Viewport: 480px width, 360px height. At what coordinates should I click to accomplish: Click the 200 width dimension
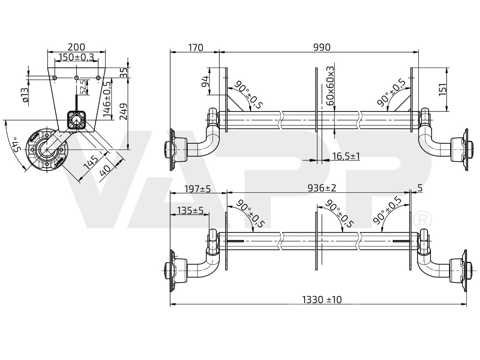point(76,47)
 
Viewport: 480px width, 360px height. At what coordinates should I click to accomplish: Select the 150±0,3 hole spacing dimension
point(76,57)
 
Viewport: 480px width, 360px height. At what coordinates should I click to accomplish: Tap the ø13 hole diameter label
point(25,95)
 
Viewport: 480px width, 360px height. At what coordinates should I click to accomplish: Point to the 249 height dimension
point(124,112)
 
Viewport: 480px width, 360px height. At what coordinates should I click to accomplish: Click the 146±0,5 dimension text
point(107,99)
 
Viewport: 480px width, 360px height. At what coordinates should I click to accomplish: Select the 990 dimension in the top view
point(322,47)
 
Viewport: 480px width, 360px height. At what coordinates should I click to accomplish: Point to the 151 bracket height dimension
point(443,89)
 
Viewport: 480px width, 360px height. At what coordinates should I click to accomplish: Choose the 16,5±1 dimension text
point(346,156)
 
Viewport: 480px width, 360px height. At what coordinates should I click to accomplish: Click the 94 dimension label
point(205,81)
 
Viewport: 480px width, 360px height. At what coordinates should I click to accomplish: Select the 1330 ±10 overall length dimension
point(322,299)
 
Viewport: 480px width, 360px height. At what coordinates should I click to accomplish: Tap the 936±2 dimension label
point(322,188)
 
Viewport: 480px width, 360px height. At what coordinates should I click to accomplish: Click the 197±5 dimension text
point(198,189)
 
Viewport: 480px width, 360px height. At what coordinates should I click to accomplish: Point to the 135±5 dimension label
point(190,210)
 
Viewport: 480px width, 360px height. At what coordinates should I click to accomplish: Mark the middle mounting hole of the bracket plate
point(76,78)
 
